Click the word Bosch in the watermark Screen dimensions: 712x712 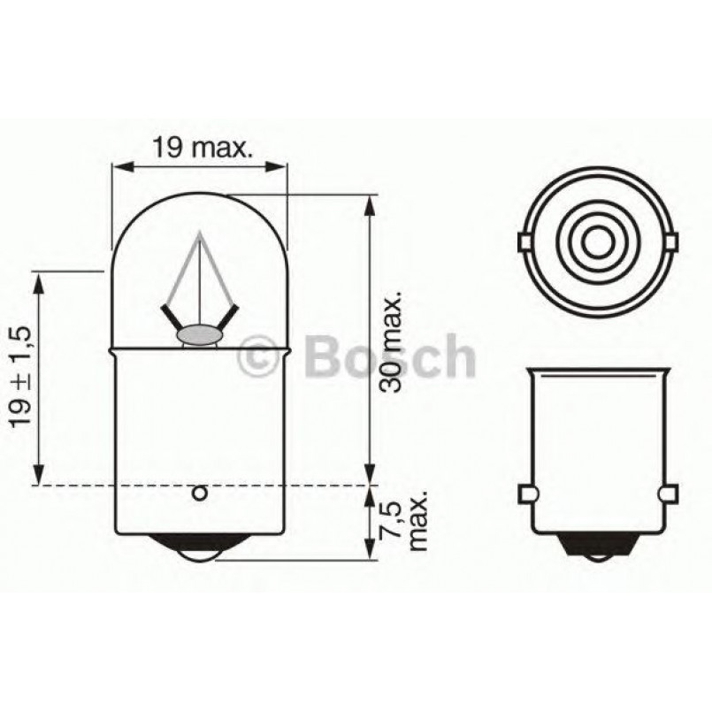pyautogui.click(x=389, y=356)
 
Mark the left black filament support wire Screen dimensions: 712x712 pyautogui.click(x=171, y=315)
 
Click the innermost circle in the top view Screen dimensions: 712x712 pyautogui.click(x=598, y=241)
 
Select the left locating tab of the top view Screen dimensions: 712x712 pyautogui.click(x=524, y=241)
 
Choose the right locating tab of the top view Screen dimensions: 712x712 pyautogui.click(x=672, y=241)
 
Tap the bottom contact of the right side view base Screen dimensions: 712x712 pyautogui.click(x=598, y=554)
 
